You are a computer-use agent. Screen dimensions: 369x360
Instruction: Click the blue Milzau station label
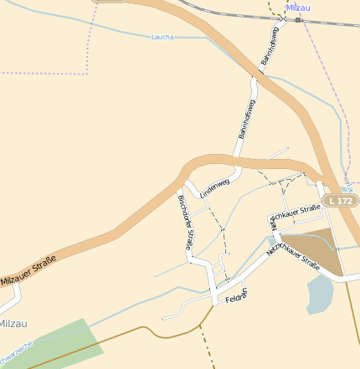point(298,8)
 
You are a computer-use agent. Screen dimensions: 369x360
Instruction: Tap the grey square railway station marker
point(298,18)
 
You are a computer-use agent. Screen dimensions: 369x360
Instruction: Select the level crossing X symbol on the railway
point(285,18)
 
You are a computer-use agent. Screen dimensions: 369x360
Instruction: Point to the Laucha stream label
point(162,37)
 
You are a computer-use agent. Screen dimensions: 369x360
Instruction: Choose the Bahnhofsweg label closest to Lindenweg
point(246,118)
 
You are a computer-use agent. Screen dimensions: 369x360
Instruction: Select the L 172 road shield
point(342,201)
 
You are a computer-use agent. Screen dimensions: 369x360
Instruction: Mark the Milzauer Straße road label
point(28,272)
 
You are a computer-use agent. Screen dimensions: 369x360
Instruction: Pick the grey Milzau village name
point(13,323)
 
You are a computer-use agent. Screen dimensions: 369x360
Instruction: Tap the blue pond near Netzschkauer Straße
point(320,294)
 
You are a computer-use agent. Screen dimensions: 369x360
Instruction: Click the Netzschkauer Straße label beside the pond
point(293,252)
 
